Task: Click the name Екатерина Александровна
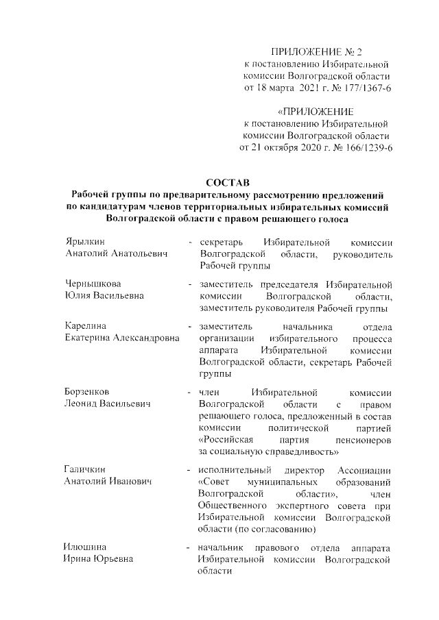(x=122, y=338)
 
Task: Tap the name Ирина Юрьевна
(x=97, y=559)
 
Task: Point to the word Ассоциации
(x=364, y=469)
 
